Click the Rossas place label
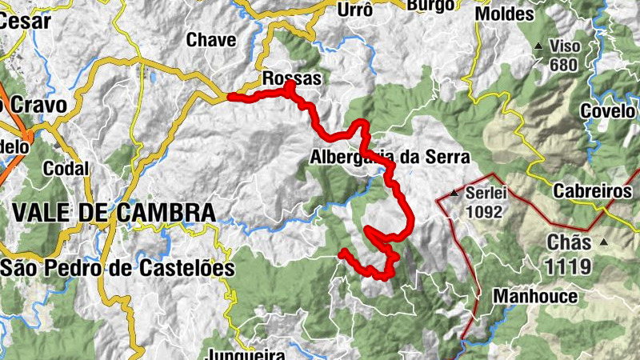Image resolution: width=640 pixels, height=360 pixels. tap(292, 79)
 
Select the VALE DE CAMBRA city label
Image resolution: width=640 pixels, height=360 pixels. tap(114, 213)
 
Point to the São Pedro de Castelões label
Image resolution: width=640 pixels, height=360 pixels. tap(118, 268)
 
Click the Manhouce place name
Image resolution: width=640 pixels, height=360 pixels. tap(535, 297)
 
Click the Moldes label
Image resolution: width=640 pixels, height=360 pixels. tap(504, 14)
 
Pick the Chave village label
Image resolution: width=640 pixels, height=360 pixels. tap(211, 40)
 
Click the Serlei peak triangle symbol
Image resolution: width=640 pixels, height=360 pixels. tap(454, 194)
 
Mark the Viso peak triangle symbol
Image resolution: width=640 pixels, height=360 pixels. tap(538, 46)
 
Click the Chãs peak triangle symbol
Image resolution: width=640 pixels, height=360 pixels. tap(604, 242)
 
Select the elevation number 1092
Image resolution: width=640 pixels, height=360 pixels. tap(486, 213)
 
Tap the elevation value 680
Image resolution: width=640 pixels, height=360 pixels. tap(563, 65)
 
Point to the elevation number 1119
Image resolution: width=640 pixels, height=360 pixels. tap(569, 266)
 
